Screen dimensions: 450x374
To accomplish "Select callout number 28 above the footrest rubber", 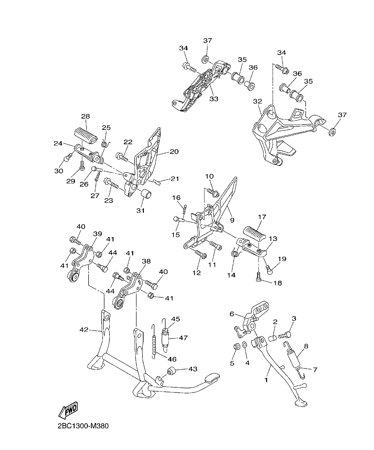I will pyautogui.click(x=85, y=116).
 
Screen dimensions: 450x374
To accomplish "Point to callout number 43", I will pyautogui.click(x=193, y=369).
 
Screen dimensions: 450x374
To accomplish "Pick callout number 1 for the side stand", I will pyautogui.click(x=266, y=379).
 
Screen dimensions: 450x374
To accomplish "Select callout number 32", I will pyautogui.click(x=257, y=101).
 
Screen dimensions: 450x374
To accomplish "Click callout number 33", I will pyautogui.click(x=213, y=99).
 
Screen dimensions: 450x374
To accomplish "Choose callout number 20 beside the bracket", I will pyautogui.click(x=174, y=152).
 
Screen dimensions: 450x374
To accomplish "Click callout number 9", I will pyautogui.click(x=232, y=220).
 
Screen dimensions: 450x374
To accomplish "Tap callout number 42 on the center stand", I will pyautogui.click(x=84, y=330).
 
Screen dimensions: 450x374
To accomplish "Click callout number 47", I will pyautogui.click(x=183, y=338).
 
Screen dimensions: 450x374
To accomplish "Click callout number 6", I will pyautogui.click(x=232, y=314).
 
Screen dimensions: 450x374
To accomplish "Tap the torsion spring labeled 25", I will pyautogui.click(x=105, y=144).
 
